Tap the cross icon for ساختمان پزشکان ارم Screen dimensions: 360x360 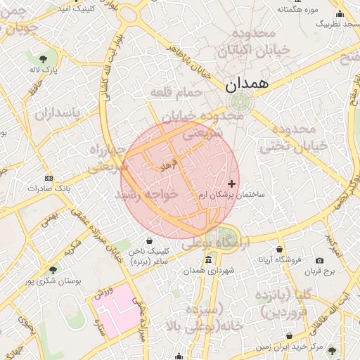point(232,184)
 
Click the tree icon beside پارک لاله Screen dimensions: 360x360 point(44,58)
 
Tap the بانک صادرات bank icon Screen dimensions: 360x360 point(48,178)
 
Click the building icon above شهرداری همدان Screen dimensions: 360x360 point(207,261)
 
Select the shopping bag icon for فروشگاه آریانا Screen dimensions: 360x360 point(280,249)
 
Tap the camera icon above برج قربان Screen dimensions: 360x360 point(320,261)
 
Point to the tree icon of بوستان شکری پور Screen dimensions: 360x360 point(53,269)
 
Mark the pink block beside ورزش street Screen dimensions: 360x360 point(120,309)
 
